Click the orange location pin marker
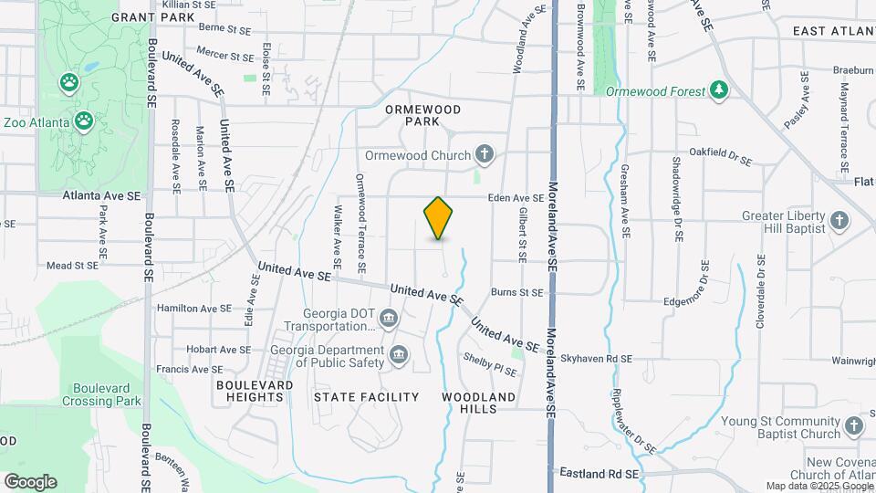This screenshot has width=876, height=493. tap(439, 218)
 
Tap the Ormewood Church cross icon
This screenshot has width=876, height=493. tap(485, 155)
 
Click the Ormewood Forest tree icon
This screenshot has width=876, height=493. tap(720, 90)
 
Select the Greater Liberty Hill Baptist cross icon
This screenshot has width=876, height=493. tap(839, 220)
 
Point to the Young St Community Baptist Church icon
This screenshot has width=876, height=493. tap(853, 426)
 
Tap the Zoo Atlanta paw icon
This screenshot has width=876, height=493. tap(84, 121)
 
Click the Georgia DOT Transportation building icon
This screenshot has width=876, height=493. tap(389, 319)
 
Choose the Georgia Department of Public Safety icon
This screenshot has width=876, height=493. tap(398, 354)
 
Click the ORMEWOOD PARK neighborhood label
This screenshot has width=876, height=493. tap(422, 115)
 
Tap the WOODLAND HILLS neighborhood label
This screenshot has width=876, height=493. tap(478, 403)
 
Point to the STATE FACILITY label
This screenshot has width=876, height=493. tap(366, 397)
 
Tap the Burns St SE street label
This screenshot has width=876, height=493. tap(517, 293)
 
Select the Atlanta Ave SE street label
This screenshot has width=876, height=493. tap(102, 195)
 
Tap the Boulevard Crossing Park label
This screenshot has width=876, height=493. tap(101, 393)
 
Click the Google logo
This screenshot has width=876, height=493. tap(30, 482)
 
